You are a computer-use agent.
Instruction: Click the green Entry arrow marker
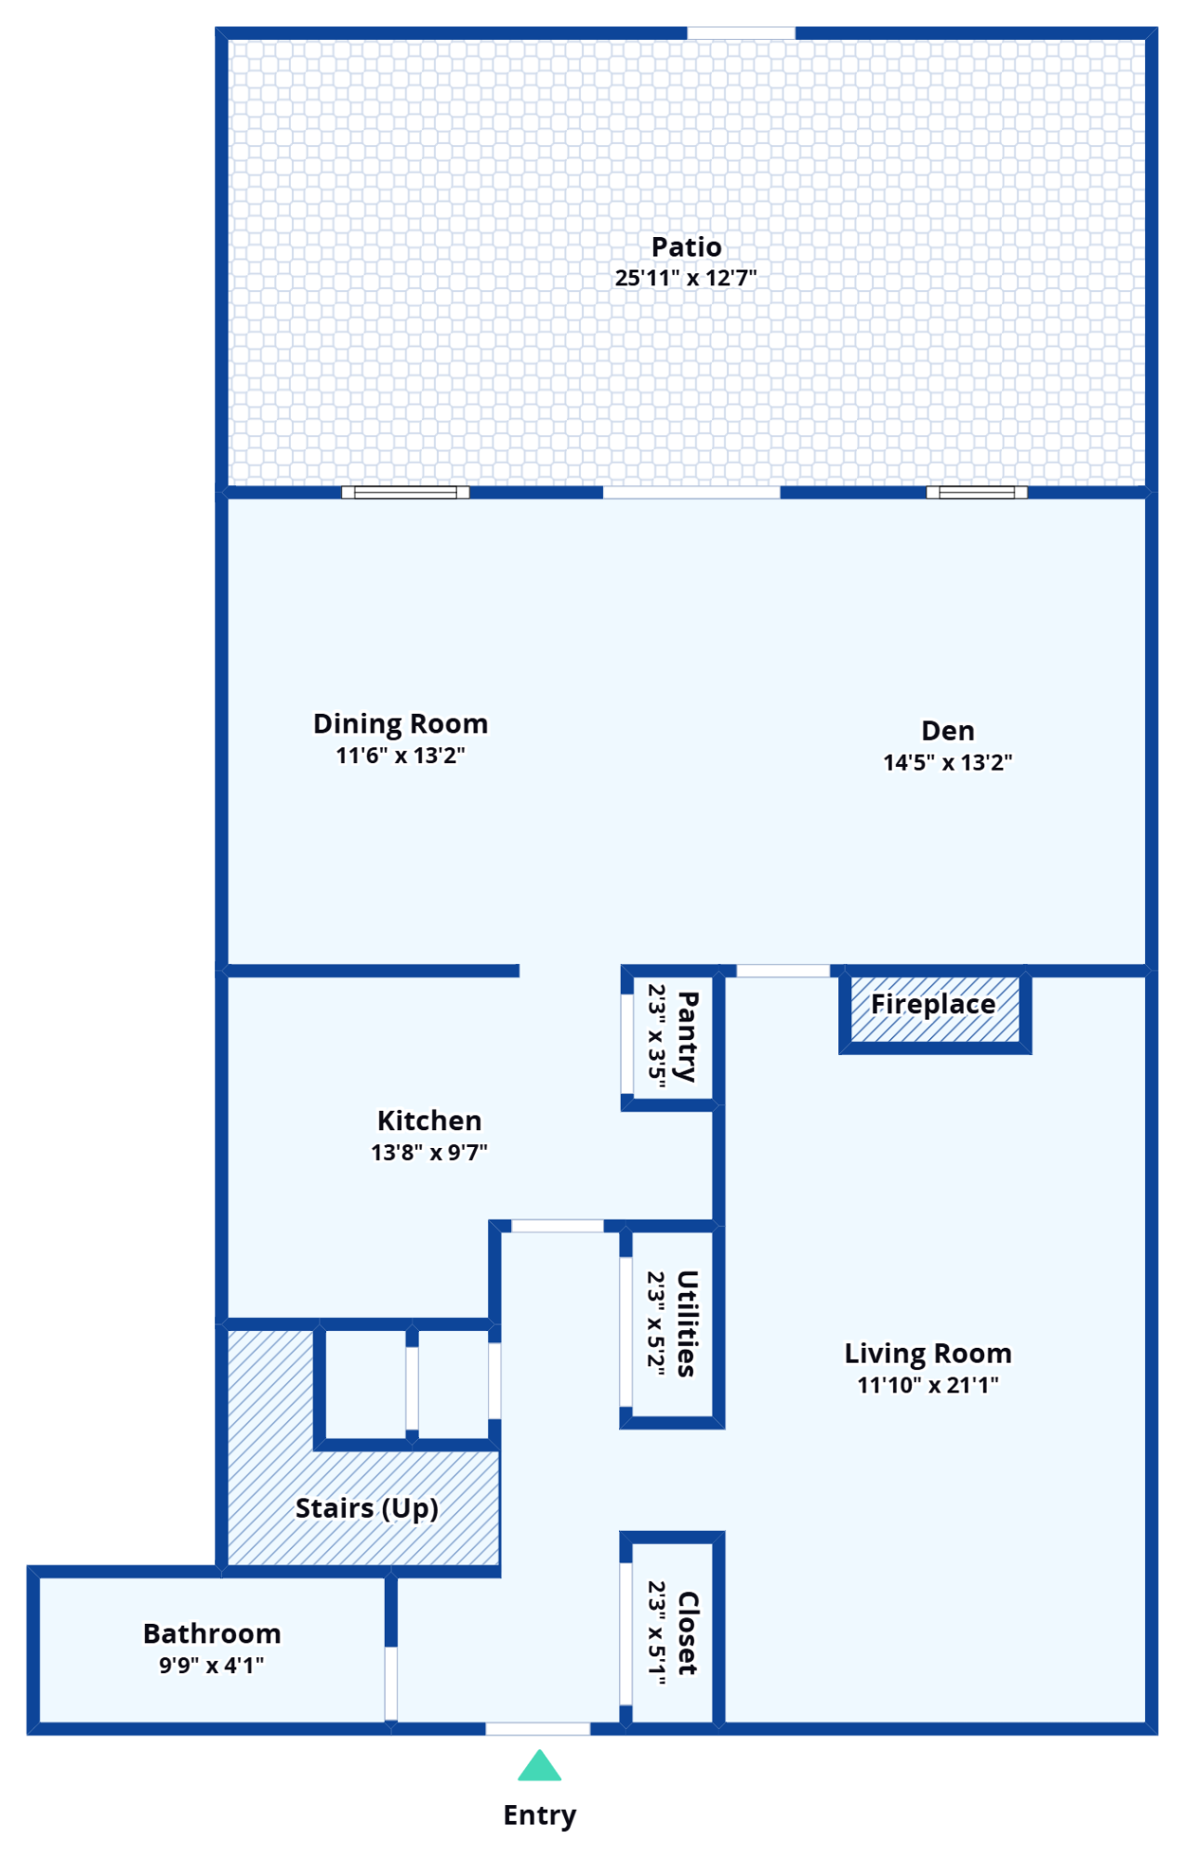coord(539,1765)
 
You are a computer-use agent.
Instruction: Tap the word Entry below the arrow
coord(540,1815)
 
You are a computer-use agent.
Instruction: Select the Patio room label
coord(687,246)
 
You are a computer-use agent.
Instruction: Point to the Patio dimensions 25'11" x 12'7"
coord(687,277)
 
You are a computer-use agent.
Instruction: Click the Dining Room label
coord(401,723)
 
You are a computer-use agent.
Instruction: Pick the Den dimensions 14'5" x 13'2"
coord(948,762)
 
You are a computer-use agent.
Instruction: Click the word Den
coord(948,731)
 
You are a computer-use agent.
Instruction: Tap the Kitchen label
coord(429,1120)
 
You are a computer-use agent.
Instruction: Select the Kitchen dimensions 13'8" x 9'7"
coord(429,1153)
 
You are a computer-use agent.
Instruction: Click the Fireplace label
coord(933,1004)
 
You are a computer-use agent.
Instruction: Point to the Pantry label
coord(688,1036)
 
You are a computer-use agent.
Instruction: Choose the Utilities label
coord(687,1324)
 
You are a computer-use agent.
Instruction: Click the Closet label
coord(688,1633)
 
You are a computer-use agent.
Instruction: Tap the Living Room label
coord(928,1353)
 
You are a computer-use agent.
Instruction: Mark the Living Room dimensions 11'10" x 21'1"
coord(928,1385)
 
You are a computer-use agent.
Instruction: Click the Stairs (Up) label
coord(367,1508)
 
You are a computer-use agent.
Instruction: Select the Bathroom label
coord(212,1633)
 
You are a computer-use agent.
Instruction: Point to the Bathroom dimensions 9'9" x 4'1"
coord(212,1665)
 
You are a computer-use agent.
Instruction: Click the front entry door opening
coord(537,1729)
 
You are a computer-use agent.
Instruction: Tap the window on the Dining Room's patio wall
coord(405,493)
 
